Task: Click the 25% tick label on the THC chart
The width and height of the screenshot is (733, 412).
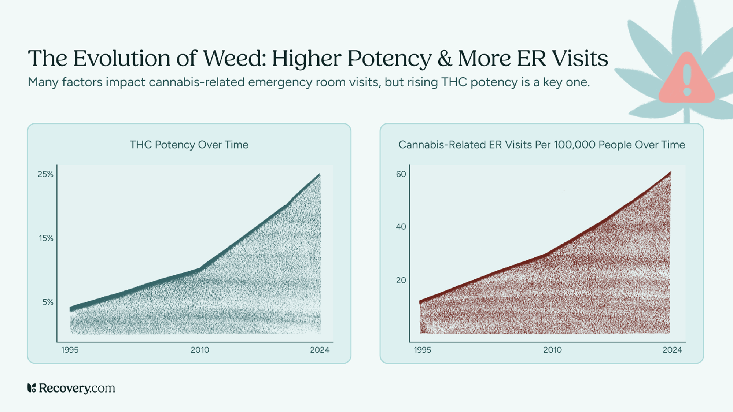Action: pos(45,174)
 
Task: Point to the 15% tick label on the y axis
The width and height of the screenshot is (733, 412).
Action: pos(46,238)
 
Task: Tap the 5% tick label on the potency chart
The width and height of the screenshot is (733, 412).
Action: pos(48,302)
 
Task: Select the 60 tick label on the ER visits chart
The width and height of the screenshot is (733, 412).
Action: pos(401,174)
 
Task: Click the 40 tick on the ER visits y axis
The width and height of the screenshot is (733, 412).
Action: pos(401,227)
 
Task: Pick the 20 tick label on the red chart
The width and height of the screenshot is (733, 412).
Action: pos(401,281)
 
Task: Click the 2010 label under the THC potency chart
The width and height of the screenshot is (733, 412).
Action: pos(200,350)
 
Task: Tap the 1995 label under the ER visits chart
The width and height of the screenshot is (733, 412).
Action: pos(422,350)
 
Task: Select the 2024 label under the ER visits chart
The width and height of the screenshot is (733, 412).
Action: pos(672,350)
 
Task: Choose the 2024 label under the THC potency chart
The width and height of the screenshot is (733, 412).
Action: pos(320,350)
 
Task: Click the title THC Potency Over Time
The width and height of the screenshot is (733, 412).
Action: pos(189,145)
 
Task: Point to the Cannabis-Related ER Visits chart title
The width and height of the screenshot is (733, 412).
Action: pos(541,145)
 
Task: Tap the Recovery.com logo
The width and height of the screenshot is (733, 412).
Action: pos(71,388)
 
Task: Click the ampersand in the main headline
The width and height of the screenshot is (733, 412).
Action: pos(445,59)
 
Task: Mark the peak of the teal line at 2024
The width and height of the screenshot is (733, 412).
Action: pos(319,175)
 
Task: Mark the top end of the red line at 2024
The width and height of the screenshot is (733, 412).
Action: pos(670,172)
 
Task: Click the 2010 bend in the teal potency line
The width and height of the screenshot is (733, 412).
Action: pos(200,270)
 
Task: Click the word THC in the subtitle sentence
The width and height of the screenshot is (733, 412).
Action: pos(454,82)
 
